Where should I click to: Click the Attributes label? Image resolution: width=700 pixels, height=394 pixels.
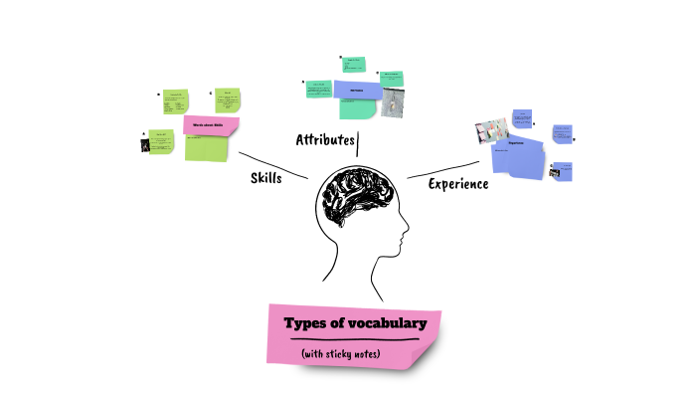tap(325, 139)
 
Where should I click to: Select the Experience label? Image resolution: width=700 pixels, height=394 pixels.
tap(457, 184)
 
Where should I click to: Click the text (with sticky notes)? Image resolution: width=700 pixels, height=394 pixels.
tap(341, 354)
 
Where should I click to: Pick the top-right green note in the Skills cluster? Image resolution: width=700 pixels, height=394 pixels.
tap(229, 100)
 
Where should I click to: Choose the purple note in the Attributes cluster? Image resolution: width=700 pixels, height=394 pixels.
tap(356, 91)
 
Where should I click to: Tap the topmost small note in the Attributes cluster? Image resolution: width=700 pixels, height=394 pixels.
tap(354, 66)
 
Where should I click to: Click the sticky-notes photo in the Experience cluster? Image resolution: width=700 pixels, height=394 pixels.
tap(493, 130)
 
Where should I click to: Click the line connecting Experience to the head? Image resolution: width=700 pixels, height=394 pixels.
tap(442, 169)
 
